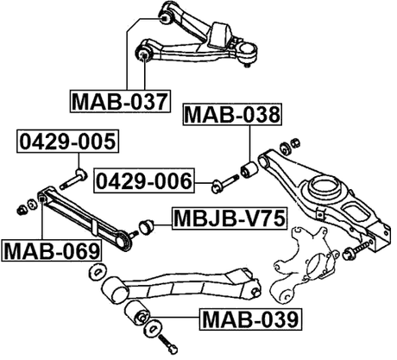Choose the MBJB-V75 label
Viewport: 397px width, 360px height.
228,219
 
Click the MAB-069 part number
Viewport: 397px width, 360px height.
51,251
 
